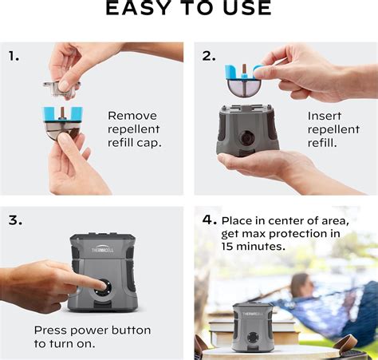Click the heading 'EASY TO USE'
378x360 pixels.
click(x=189, y=9)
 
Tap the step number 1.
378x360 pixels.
click(x=14, y=56)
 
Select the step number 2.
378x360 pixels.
click(x=208, y=56)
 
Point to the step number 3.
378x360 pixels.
click(x=15, y=219)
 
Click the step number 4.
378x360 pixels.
click(x=209, y=219)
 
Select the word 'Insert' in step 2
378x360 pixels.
click(x=325, y=115)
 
